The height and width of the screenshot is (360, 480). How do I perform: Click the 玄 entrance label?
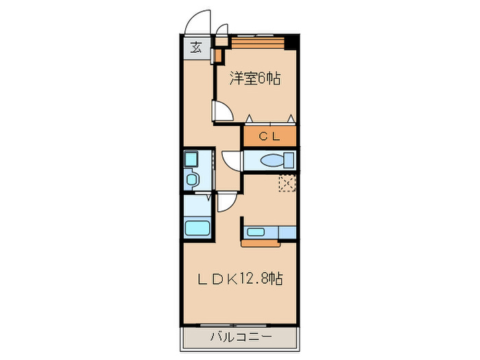(x=197, y=47)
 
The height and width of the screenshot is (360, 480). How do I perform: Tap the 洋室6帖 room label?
(x=255, y=79)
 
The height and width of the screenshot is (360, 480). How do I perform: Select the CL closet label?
(x=269, y=136)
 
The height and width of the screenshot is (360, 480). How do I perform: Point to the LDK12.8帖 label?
(x=240, y=278)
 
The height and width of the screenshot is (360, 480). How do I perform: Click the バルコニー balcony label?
(x=241, y=337)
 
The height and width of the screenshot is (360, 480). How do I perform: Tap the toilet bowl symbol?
(x=272, y=160)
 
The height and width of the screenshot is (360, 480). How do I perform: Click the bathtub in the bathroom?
(x=197, y=228)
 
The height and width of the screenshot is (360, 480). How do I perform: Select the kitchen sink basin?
(x=256, y=232)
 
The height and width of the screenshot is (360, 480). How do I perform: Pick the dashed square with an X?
(x=287, y=183)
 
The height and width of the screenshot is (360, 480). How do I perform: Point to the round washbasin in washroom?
(x=191, y=180)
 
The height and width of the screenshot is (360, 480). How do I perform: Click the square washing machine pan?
(x=191, y=159)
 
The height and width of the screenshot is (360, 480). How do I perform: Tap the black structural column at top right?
(x=291, y=43)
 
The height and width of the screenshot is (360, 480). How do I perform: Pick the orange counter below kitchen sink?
(x=261, y=243)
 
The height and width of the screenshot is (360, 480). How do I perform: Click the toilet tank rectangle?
(x=289, y=160)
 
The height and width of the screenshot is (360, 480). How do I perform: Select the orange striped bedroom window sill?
(x=258, y=43)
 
